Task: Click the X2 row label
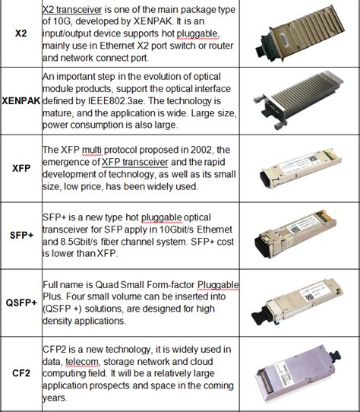(21, 34)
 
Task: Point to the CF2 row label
(21, 372)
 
